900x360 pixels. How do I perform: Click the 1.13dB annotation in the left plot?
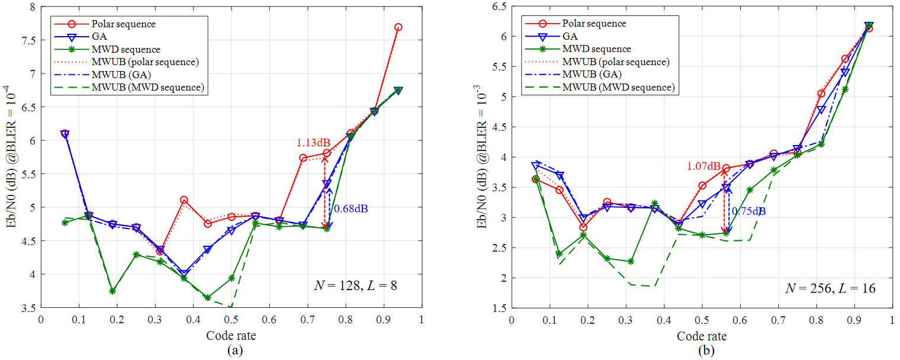click(313, 143)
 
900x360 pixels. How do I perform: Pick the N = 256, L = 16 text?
click(830, 288)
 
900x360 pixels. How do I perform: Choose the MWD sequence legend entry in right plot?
click(597, 49)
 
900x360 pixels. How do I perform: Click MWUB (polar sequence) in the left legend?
click(145, 62)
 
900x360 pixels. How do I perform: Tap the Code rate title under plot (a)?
click(232, 336)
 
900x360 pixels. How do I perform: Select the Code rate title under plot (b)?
click(702, 336)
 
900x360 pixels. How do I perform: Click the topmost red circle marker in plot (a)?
click(398, 27)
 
